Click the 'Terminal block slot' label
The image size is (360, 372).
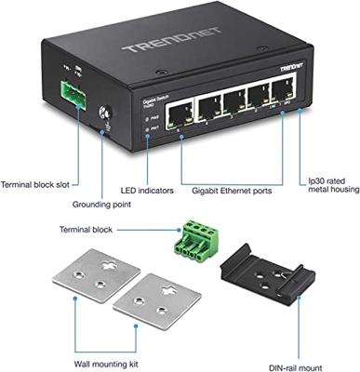(36, 184)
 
